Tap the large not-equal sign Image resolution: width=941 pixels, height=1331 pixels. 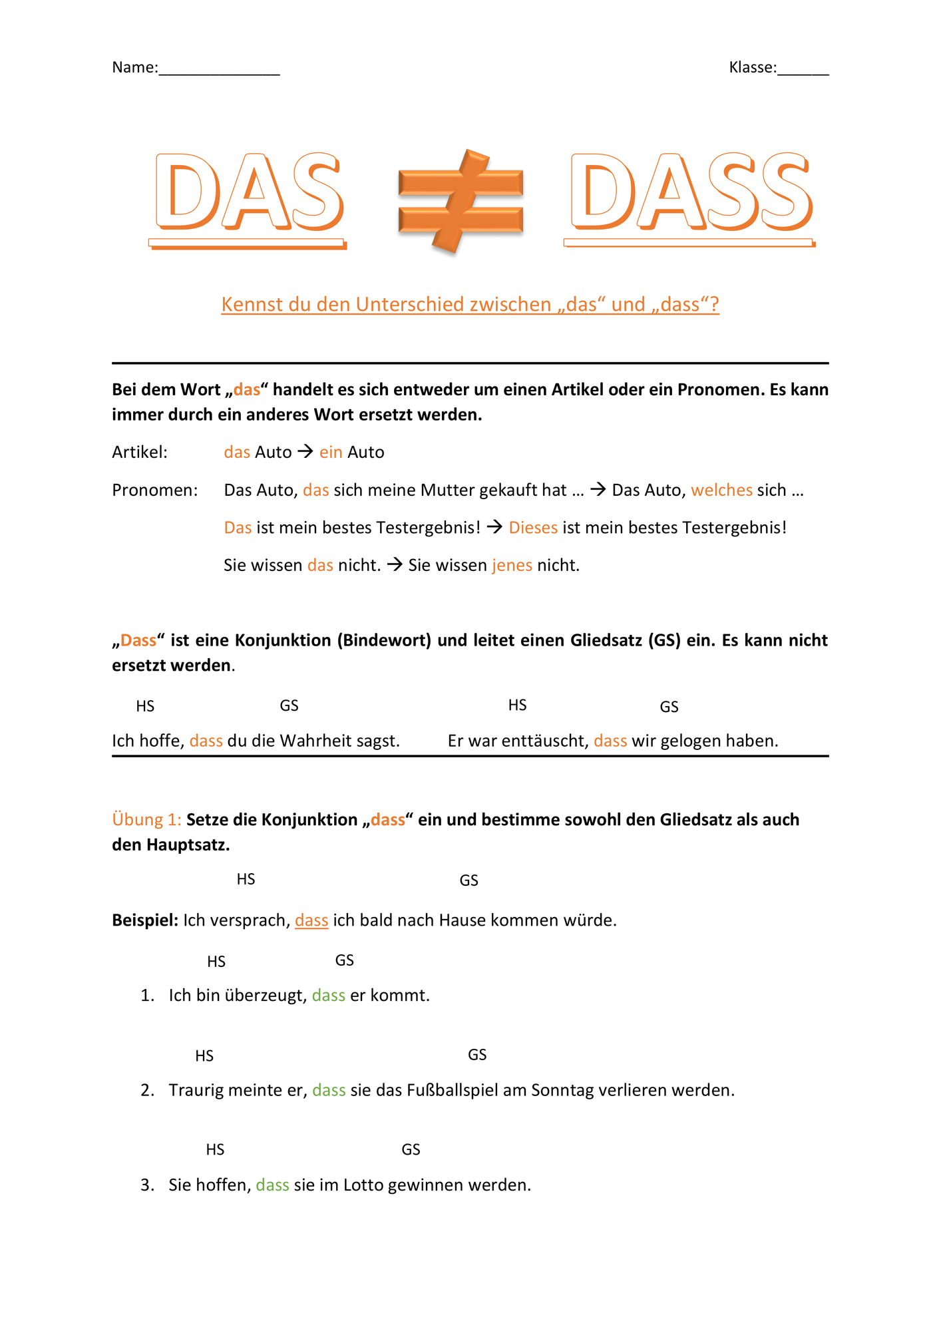click(x=461, y=200)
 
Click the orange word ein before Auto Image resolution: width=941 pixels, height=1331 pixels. click(x=331, y=453)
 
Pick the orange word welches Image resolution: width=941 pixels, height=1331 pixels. click(x=721, y=490)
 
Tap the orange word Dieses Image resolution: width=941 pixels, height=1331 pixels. click(x=533, y=528)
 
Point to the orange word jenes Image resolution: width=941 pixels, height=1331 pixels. click(x=512, y=566)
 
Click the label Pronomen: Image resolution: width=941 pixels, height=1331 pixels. click(x=155, y=490)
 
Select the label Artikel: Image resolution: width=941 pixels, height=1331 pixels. click(x=140, y=453)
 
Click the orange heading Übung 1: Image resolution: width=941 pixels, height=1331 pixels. click(x=146, y=820)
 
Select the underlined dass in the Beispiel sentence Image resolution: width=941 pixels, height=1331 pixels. click(x=311, y=920)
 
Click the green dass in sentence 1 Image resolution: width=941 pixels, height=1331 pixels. click(x=329, y=996)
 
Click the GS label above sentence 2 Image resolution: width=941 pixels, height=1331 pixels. click(x=477, y=1055)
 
